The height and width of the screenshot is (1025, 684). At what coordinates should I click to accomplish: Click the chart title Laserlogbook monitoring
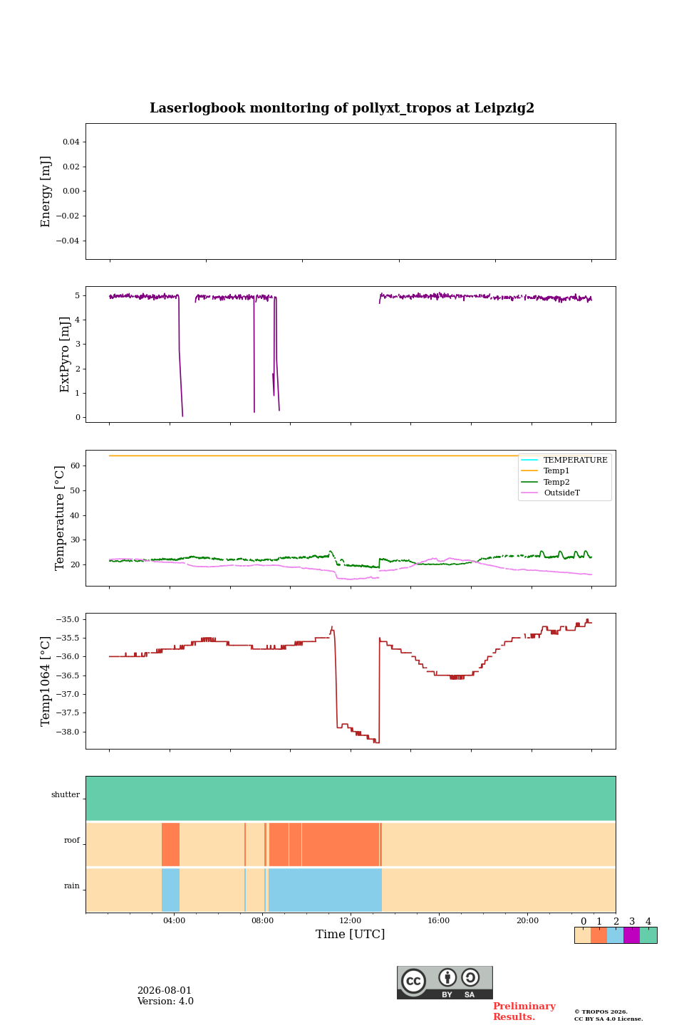[x=342, y=108]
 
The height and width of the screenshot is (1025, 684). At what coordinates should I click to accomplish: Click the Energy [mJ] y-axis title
[x=46, y=191]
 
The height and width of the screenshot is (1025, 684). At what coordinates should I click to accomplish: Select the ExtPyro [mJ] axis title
[x=65, y=354]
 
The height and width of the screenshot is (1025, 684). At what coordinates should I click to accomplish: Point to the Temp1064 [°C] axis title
[x=46, y=681]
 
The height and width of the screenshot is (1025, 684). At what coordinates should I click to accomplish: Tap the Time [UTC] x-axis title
[x=350, y=933]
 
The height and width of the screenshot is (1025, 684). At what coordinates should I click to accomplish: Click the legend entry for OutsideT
[x=561, y=493]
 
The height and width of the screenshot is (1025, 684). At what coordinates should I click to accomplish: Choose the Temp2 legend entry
[x=556, y=482]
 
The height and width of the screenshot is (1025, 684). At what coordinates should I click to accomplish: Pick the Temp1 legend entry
[x=556, y=471]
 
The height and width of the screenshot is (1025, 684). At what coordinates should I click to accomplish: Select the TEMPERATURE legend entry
[x=575, y=460]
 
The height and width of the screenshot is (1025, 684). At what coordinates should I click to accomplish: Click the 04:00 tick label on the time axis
[x=174, y=920]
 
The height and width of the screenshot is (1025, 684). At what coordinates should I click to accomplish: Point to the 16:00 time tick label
[x=438, y=920]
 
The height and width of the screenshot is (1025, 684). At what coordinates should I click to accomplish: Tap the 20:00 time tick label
[x=527, y=920]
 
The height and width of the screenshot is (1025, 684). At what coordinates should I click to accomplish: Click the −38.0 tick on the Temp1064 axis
[x=68, y=732]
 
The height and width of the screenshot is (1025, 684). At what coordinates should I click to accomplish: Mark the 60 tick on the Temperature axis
[x=75, y=466]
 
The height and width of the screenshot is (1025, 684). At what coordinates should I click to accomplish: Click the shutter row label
[x=66, y=794]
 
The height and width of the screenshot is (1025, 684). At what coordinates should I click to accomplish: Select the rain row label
[x=72, y=885]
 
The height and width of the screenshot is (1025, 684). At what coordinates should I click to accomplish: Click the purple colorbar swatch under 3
[x=631, y=935]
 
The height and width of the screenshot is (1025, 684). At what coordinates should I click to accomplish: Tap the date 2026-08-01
[x=165, y=990]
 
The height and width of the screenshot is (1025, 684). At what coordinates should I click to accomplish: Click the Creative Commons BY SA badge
[x=445, y=982]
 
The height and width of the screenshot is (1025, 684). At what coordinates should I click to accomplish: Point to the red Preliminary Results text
[x=524, y=1011]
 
